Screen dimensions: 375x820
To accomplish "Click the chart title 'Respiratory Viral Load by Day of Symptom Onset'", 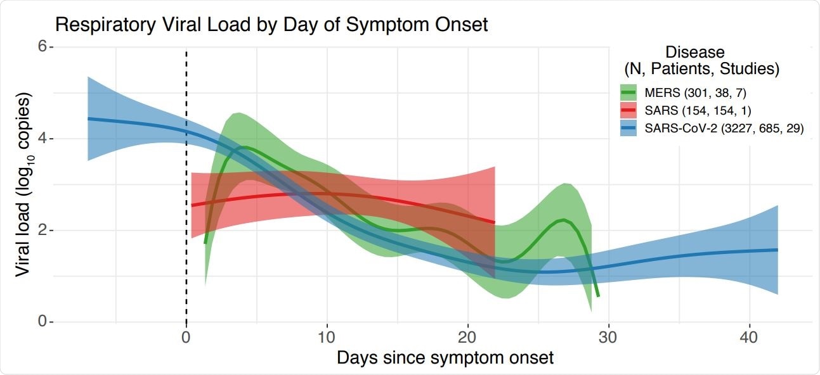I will pos(271,25).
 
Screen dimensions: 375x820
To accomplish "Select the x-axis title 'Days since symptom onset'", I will pos(445,358).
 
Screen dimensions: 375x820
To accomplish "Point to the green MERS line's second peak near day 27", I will pos(563,220).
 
